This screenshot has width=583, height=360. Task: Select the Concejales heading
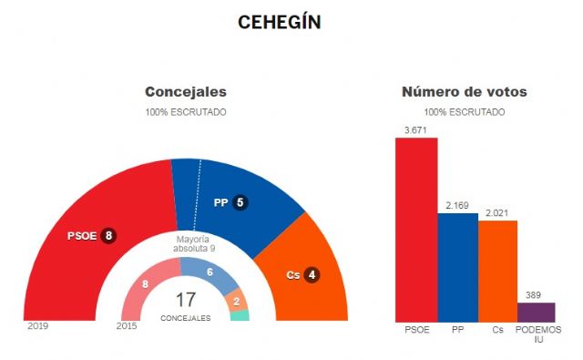point(186,92)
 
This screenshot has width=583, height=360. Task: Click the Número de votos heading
point(465,92)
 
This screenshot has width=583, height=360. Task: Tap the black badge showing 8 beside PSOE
point(108,236)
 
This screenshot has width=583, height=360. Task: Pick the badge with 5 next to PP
point(240,203)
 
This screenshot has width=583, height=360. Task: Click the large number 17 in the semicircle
point(186,300)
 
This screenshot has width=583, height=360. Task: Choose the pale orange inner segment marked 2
point(236,301)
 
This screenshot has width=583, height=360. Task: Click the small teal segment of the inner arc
point(240,315)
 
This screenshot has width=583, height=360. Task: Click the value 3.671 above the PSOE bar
point(415,129)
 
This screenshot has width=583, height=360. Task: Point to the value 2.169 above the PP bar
point(457,205)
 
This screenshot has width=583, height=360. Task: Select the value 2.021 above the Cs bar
point(498,213)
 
